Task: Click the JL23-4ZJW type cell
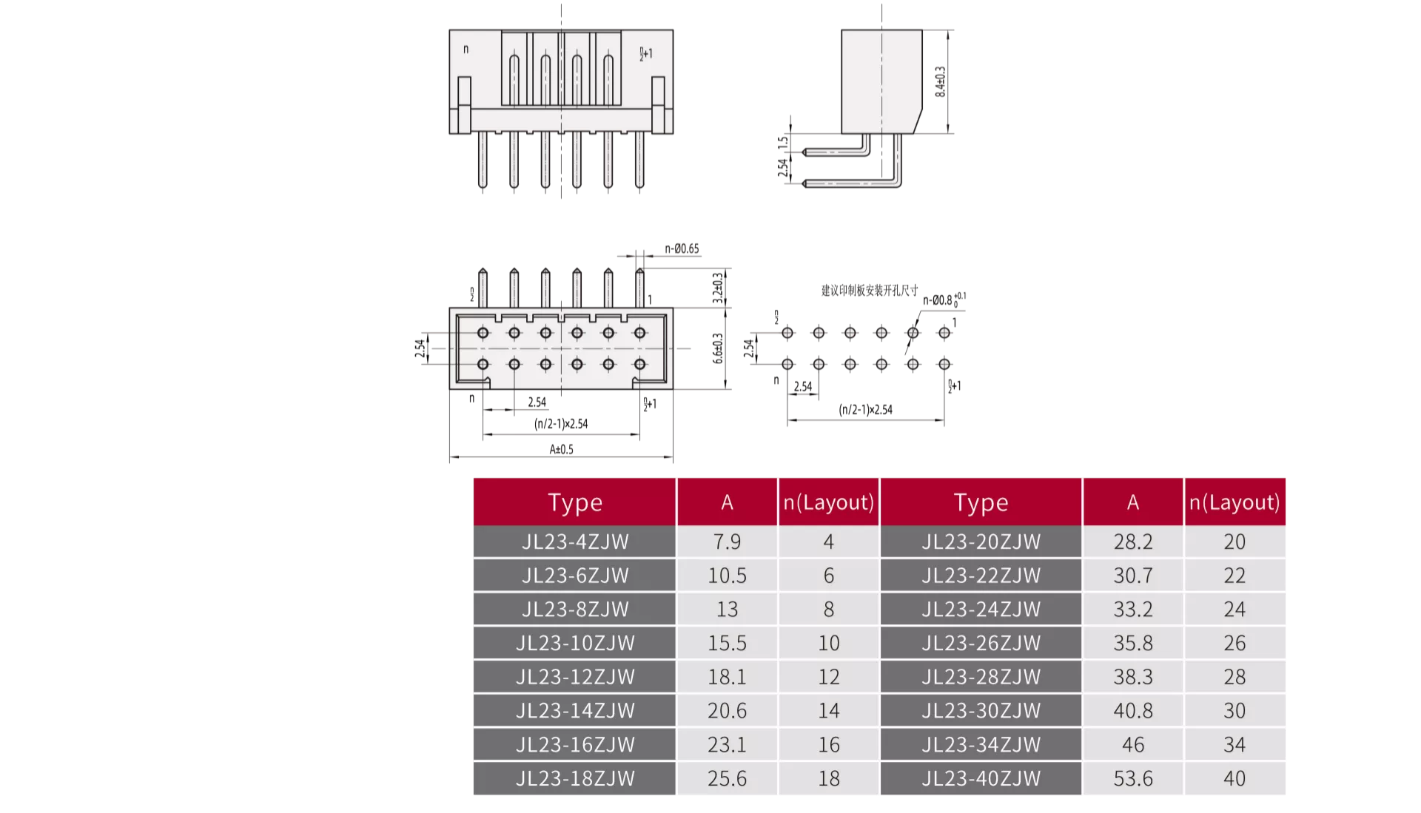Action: [x=575, y=542]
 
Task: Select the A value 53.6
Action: [x=1132, y=778]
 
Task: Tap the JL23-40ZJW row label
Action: [x=981, y=778]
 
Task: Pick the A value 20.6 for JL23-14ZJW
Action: [x=727, y=710]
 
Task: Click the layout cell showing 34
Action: [x=1234, y=744]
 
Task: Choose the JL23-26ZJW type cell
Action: [x=981, y=643]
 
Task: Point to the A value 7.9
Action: [x=727, y=542]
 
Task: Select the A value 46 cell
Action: [x=1132, y=744]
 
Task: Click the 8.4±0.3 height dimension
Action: [x=940, y=81]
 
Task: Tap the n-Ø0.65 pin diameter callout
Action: [x=682, y=249]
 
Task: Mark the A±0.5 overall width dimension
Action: [x=561, y=449]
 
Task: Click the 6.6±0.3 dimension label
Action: [x=717, y=348]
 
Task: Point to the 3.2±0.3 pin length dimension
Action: [x=717, y=288]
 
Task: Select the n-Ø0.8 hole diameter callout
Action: [x=944, y=300]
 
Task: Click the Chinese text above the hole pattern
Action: [x=869, y=290]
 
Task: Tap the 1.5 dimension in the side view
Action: [x=782, y=143]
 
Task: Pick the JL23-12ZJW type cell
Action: [x=575, y=677]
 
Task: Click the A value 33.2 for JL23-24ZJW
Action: [x=1132, y=609]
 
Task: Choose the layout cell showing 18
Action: [x=828, y=778]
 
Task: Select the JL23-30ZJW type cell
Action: [x=981, y=710]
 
